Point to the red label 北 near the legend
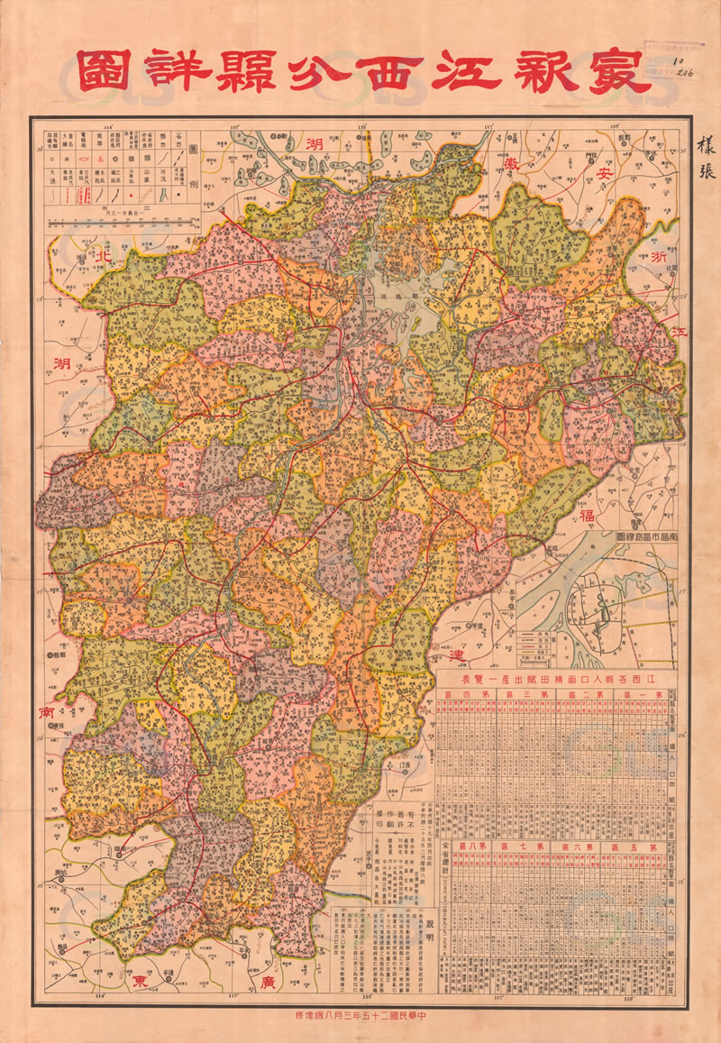tap(105, 257)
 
